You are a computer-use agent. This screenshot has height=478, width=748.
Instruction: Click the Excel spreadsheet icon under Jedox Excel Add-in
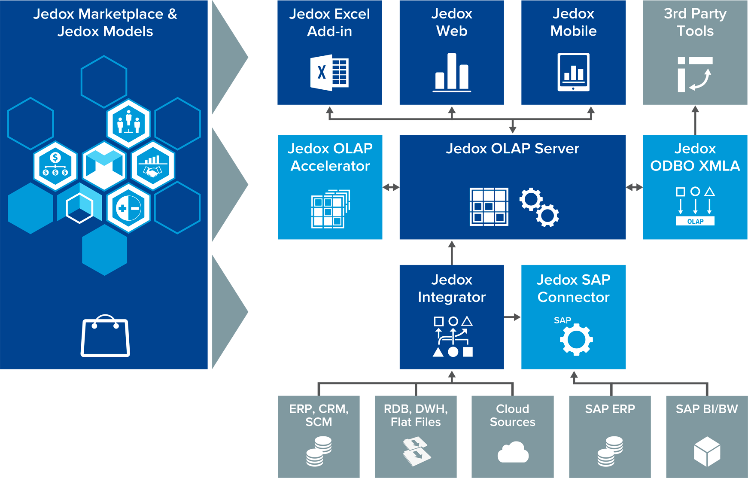[329, 73]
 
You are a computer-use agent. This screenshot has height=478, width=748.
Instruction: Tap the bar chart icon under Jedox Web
[452, 73]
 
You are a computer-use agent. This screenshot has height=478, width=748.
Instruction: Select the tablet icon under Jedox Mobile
[573, 72]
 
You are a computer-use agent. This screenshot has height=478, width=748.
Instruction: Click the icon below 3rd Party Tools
[695, 74]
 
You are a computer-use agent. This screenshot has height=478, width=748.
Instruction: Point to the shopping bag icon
[105, 336]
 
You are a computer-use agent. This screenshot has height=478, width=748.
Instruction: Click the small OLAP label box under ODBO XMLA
[695, 221]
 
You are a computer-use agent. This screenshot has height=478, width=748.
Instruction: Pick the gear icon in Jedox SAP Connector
[576, 339]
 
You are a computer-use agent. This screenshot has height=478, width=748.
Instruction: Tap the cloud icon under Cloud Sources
[513, 452]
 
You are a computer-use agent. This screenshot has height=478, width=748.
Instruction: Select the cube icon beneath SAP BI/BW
[707, 451]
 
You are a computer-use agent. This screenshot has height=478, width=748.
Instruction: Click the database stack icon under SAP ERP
[610, 451]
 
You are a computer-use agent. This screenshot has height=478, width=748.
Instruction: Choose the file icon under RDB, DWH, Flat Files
[416, 451]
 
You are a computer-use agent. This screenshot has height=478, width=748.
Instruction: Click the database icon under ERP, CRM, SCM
[319, 451]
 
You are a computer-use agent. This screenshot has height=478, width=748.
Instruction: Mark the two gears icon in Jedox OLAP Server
[539, 207]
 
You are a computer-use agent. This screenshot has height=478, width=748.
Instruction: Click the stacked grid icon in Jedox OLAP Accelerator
[330, 209]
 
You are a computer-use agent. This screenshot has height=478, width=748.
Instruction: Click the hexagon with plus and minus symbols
[128, 209]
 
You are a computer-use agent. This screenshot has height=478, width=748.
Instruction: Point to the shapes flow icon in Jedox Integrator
[453, 337]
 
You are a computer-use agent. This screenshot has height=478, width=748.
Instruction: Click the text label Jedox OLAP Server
[512, 149]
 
